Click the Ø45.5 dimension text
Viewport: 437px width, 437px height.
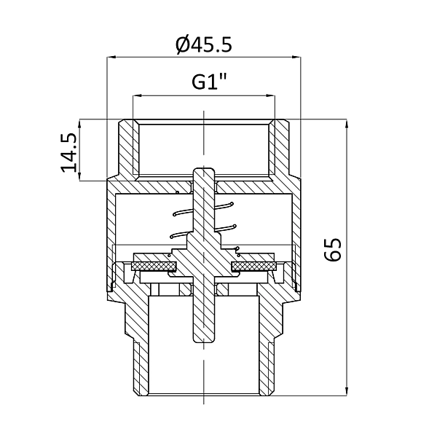204,45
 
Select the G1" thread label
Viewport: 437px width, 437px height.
209,82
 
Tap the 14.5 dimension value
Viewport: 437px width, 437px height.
68,153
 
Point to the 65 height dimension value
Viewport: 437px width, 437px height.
333,250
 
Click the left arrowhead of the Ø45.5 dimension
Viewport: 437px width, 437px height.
111,57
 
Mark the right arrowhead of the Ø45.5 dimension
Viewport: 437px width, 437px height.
296,57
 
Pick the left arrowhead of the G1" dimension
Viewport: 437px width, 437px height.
137,95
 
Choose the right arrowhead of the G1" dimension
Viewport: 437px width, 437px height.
271,95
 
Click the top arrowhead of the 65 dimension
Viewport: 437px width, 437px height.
347,124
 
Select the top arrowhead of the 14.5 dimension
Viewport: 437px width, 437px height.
79,124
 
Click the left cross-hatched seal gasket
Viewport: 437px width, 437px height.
154,267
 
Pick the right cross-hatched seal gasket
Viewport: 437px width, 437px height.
254,267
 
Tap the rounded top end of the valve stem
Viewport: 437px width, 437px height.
204,170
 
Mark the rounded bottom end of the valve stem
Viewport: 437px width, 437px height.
204,339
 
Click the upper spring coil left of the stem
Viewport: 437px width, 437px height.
183,213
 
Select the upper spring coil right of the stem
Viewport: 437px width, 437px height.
224,205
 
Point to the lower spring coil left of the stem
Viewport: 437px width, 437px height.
179,235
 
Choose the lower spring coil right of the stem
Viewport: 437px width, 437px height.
226,228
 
